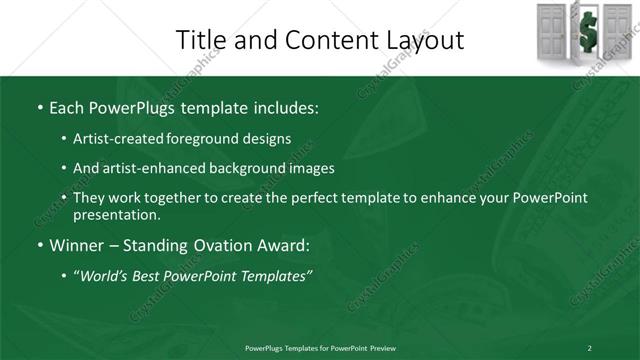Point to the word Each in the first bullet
coord(67,106)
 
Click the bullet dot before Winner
coord(39,244)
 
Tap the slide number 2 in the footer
coord(589,347)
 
